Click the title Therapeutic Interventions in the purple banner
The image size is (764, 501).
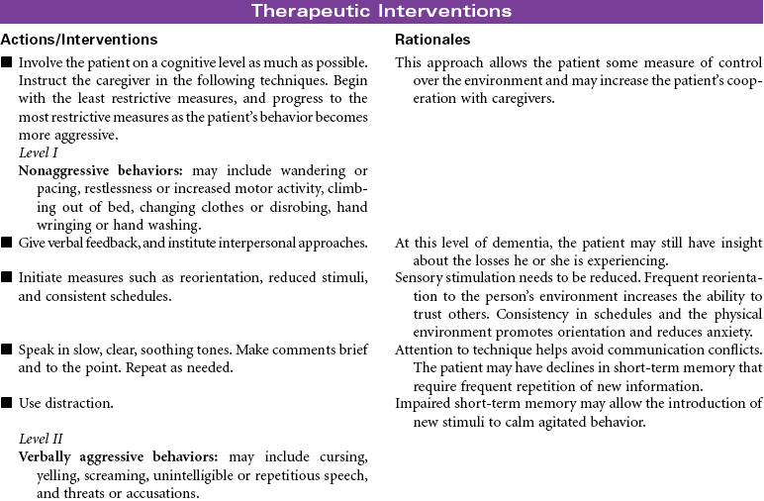381,12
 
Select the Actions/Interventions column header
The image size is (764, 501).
79,40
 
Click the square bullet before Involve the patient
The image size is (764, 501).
7,63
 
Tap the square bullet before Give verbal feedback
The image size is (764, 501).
7,244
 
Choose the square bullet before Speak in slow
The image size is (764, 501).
7,351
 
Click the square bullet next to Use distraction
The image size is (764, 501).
7,404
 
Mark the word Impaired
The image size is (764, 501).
421,404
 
